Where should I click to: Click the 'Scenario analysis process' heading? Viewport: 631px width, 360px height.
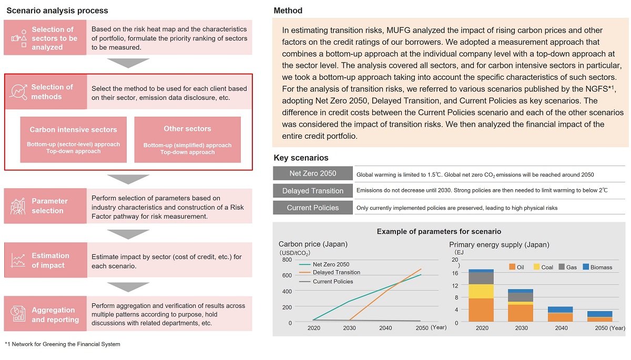click(57, 11)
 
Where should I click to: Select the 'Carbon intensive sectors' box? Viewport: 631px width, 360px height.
click(73, 139)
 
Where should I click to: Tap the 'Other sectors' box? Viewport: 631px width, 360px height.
click(187, 139)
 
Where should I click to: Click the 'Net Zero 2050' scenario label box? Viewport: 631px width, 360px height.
click(313, 173)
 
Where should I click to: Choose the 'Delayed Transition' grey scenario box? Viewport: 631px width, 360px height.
click(313, 191)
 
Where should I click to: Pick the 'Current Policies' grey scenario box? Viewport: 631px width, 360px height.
click(313, 208)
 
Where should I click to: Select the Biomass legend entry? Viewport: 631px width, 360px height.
click(597, 268)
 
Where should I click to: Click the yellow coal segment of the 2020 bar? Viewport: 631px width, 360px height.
click(481, 291)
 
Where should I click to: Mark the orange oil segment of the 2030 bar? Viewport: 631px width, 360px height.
click(520, 313)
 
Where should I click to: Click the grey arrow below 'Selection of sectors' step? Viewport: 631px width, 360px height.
click(128, 63)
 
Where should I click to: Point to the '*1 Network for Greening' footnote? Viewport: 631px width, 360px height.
click(62, 344)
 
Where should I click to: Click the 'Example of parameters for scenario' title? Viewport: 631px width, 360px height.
click(439, 231)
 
